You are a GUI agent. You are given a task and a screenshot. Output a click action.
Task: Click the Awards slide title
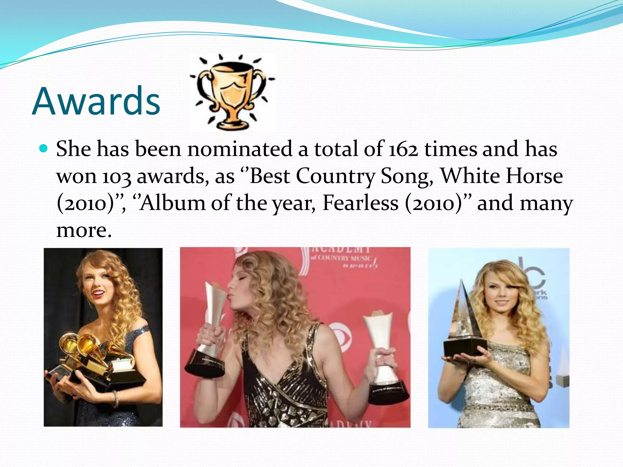(96, 101)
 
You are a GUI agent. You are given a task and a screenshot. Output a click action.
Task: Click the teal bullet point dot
(44, 149)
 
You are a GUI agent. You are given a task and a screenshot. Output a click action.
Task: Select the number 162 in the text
(403, 149)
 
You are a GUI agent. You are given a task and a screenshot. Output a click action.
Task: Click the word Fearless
(360, 203)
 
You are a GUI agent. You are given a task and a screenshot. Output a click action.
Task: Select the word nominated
(240, 149)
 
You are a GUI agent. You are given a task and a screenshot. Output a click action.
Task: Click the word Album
(172, 203)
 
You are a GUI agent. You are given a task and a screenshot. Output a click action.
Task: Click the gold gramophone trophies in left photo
(91, 353)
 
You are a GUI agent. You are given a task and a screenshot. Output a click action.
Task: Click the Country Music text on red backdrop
(341, 258)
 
